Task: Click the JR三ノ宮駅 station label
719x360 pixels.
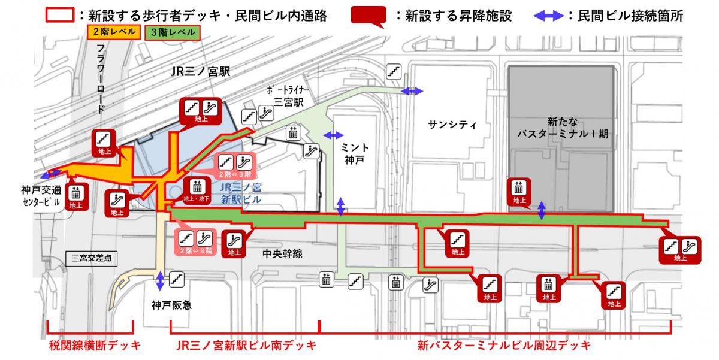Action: [200, 71]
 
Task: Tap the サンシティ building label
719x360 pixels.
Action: [452, 125]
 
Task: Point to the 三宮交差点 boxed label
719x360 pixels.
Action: [91, 259]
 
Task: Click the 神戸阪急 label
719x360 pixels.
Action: [171, 305]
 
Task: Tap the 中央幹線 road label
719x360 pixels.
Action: [282, 253]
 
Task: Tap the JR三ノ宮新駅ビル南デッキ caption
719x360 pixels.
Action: [246, 346]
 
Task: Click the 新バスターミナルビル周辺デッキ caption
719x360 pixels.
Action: [504, 346]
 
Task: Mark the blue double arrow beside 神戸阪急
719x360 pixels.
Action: [160, 281]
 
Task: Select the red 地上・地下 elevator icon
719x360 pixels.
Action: [197, 191]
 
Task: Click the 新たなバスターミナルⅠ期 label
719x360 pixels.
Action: [563, 127]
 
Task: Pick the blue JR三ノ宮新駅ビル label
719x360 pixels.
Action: [241, 193]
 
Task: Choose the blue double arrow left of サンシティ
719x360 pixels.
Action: [412, 90]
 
